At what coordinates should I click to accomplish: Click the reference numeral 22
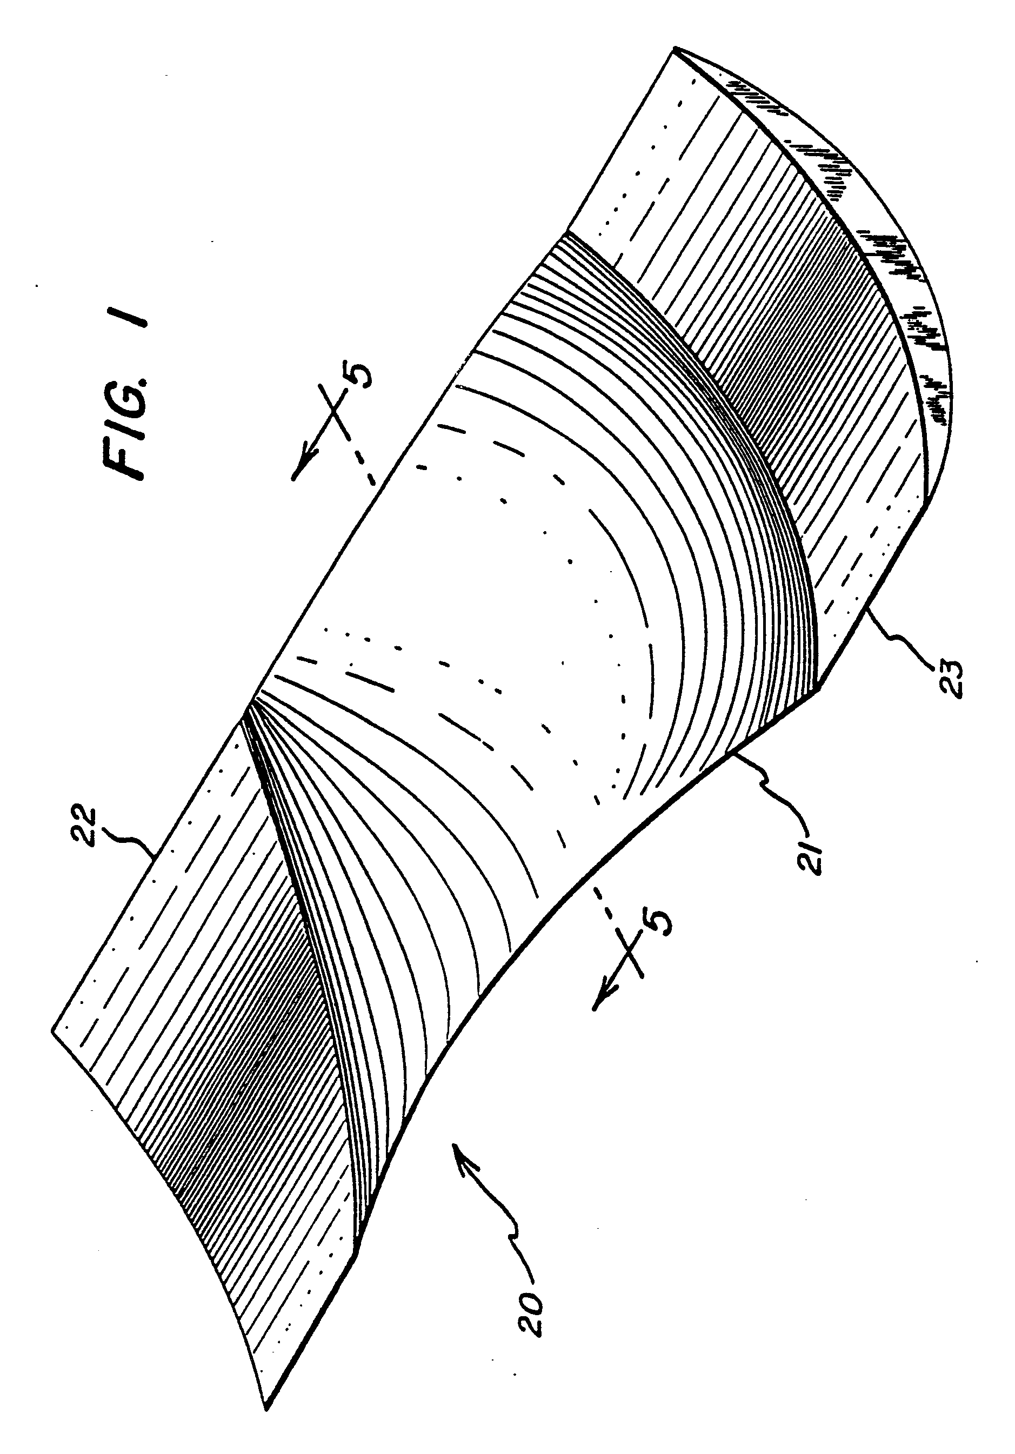click(x=84, y=825)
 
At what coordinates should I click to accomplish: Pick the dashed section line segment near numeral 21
click(x=605, y=899)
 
